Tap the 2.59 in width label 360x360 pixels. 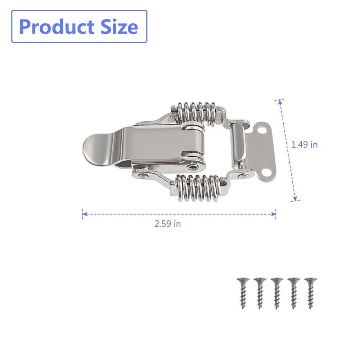tap(168, 224)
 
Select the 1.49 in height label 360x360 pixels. tap(305, 145)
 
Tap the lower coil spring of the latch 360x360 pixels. tap(196, 187)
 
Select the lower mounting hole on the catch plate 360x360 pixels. tap(266, 172)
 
